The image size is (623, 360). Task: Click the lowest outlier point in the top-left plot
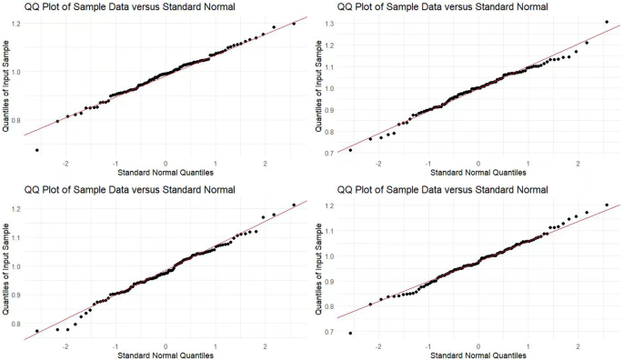click(37, 150)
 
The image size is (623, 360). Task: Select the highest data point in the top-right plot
click(607, 22)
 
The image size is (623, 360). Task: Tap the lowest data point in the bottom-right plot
click(350, 334)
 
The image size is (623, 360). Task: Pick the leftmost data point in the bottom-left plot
click(37, 331)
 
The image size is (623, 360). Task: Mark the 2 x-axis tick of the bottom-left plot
click(265, 346)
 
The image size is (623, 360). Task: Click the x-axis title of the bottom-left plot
click(166, 355)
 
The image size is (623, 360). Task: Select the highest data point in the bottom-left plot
click(293, 205)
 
